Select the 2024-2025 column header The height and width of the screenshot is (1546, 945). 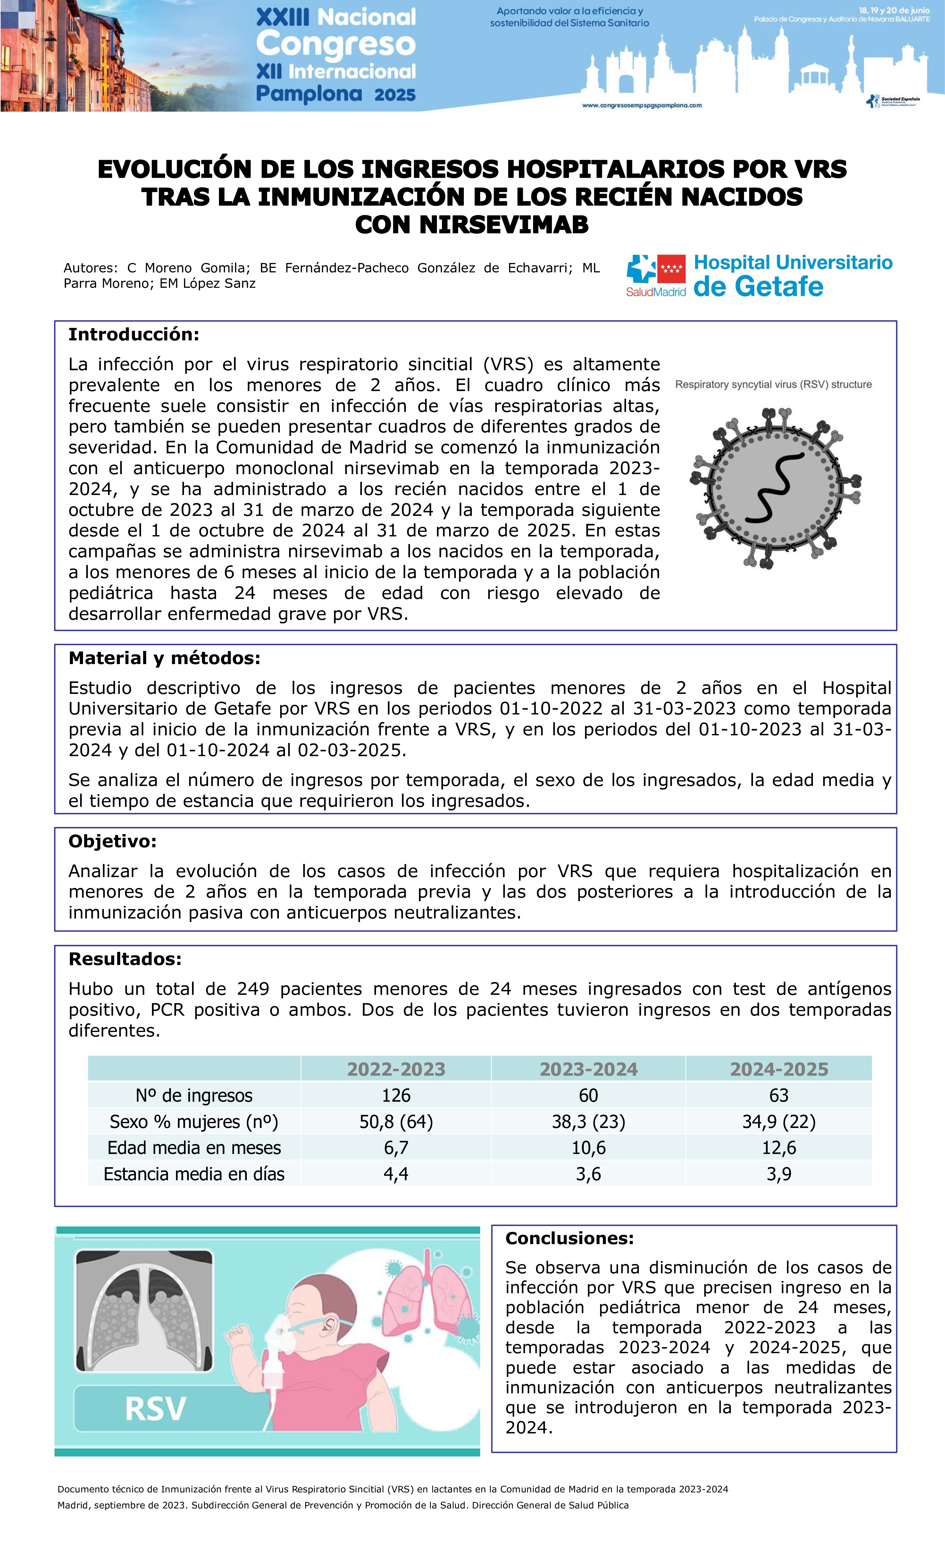click(779, 1069)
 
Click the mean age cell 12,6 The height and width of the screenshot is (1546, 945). click(779, 1148)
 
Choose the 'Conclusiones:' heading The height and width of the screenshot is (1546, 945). click(569, 1238)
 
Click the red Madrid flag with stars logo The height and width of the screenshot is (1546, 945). click(671, 269)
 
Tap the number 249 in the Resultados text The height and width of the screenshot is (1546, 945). click(253, 989)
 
